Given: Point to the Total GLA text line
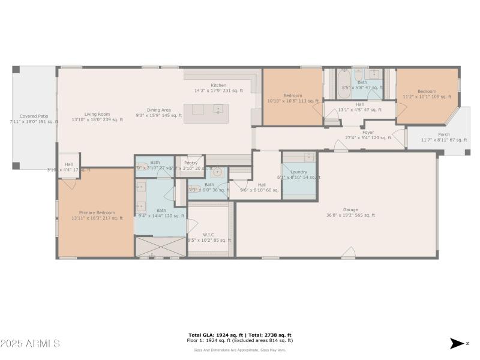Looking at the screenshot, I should (240, 335).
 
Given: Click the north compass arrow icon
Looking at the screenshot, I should (457, 343).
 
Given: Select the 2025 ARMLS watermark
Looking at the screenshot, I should (30, 343).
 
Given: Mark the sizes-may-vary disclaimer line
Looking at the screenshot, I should (240, 350).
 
